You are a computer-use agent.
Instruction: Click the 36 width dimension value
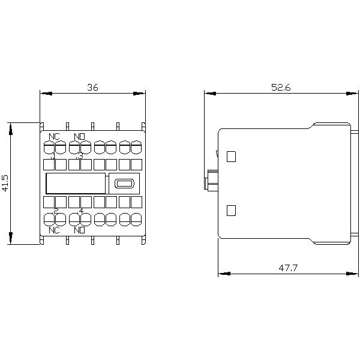coord(92,87)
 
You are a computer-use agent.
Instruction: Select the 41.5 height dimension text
coord(5,183)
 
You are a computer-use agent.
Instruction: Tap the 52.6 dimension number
coord(280,87)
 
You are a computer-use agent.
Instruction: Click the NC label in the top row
coord(54,137)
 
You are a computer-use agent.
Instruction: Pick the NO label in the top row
coord(79,137)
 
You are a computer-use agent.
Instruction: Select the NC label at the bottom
coord(54,230)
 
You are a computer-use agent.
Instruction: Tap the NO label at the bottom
coord(79,230)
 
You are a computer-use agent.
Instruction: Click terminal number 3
coord(80,156)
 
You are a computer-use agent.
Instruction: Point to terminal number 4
coord(80,211)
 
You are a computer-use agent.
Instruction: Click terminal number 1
coord(54,156)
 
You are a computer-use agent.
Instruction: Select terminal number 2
coord(55,211)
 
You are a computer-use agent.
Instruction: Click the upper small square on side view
coord(232,157)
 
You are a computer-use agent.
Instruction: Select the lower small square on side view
coord(232,211)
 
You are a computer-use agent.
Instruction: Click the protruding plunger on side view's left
coord(211,180)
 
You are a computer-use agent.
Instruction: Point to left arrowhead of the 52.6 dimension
coord(208,93)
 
